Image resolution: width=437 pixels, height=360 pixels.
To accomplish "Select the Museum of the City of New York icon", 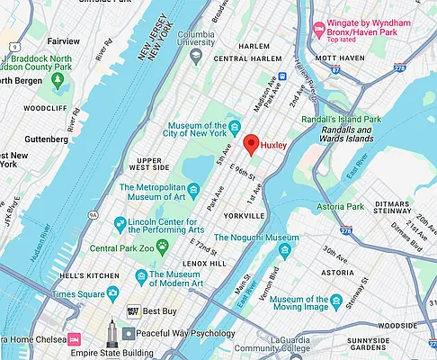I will (235, 125).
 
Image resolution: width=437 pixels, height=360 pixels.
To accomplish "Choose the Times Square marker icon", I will (112, 293).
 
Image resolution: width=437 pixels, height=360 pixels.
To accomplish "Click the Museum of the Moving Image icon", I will (336, 300).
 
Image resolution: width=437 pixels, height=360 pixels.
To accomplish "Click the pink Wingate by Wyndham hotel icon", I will (317, 31).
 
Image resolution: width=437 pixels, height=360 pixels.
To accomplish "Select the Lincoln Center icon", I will (118, 221).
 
